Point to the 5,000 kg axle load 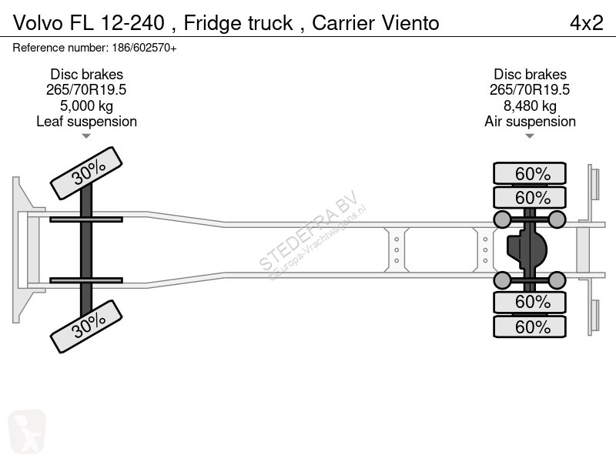click(86, 105)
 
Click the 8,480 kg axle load click(530, 105)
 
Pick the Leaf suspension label click(86, 122)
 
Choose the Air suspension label click(530, 122)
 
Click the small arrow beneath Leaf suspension click(86, 136)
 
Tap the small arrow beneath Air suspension click(530, 136)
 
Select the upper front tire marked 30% click(85, 173)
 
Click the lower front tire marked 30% click(85, 326)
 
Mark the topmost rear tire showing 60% click(530, 173)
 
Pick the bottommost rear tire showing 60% click(530, 326)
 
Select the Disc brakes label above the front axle click(86, 74)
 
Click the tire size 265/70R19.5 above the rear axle click(530, 89)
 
